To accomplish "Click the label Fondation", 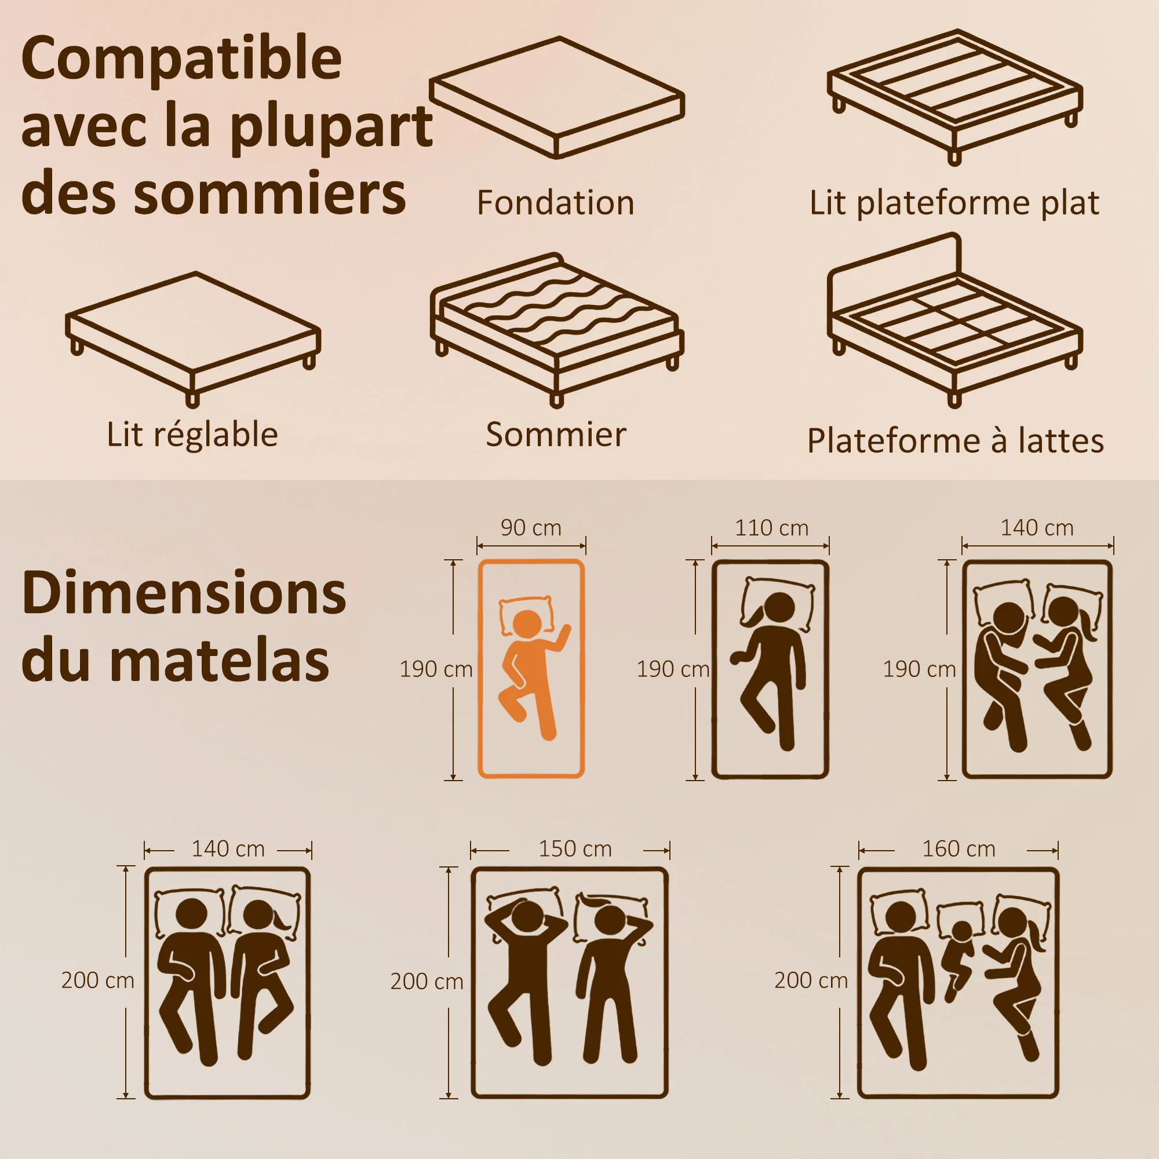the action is tap(556, 203).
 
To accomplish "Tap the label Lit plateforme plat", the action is tap(954, 203).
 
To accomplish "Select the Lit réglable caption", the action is tap(192, 435).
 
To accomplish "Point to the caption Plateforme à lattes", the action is tap(955, 441).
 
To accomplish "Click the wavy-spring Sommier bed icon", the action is tap(557, 329).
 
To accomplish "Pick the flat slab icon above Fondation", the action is tap(557, 97).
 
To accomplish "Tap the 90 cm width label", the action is tap(531, 528).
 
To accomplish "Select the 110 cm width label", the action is tap(771, 528).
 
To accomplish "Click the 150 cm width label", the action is tap(575, 849).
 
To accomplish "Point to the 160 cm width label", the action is tap(958, 849).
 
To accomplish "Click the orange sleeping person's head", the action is tap(527, 624).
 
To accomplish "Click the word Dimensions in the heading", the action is tap(184, 594).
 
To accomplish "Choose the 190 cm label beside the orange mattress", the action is tap(436, 669).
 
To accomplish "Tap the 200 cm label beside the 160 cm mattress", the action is tap(811, 981).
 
